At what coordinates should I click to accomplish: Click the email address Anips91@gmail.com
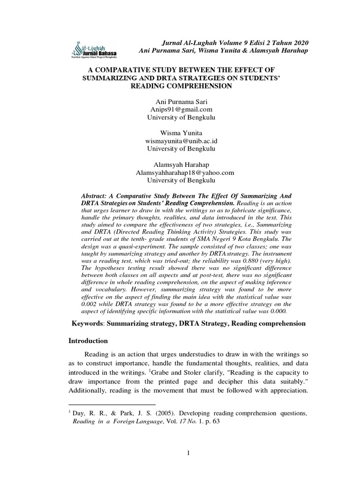coord(180,110)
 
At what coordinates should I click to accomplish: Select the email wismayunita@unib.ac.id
coord(180,141)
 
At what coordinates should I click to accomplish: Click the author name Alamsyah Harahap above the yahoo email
coord(180,164)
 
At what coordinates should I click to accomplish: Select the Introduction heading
coord(89,340)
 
